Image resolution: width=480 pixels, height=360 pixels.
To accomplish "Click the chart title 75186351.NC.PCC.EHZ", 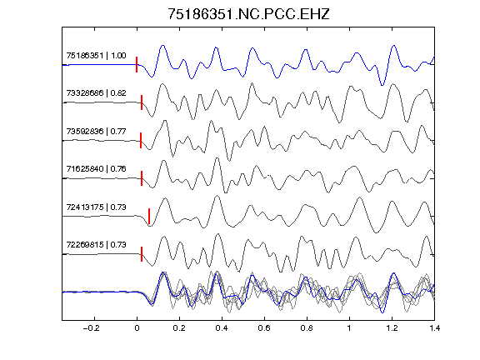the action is (248, 14).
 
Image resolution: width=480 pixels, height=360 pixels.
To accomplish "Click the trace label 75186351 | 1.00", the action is (96, 56).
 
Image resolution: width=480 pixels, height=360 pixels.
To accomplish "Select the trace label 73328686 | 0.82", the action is (96, 93).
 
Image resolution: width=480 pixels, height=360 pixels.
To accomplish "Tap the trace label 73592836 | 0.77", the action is (96, 132).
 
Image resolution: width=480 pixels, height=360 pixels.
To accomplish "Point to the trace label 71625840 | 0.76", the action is (96, 169).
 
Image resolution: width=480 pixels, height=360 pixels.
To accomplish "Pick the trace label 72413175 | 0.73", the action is (96, 207).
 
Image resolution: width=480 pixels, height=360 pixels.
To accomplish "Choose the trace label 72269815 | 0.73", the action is (96, 245).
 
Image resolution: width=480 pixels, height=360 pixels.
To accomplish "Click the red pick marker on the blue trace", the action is (137, 65).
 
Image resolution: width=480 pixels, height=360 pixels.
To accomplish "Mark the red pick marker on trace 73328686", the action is (142, 102).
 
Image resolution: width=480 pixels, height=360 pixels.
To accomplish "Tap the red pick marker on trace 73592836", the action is (141, 141).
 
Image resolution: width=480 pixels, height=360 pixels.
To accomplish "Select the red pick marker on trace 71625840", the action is (142, 178).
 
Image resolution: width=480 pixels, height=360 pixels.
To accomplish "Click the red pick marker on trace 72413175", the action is (149, 217).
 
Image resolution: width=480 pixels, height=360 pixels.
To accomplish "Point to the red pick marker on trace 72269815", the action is (142, 254).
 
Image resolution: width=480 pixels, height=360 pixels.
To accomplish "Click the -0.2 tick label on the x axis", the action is (92, 328).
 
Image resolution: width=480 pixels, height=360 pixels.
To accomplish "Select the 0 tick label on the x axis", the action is (137, 328).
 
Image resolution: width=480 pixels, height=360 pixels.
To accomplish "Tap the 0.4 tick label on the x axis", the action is (222, 328).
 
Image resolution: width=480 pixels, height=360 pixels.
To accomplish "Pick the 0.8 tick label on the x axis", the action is (307, 328).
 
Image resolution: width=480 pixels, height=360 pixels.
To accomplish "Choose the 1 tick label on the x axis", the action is (349, 328).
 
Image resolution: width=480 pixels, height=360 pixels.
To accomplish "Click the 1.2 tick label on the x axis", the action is (392, 328).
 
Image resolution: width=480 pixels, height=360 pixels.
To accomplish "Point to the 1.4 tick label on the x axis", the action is (434, 328).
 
